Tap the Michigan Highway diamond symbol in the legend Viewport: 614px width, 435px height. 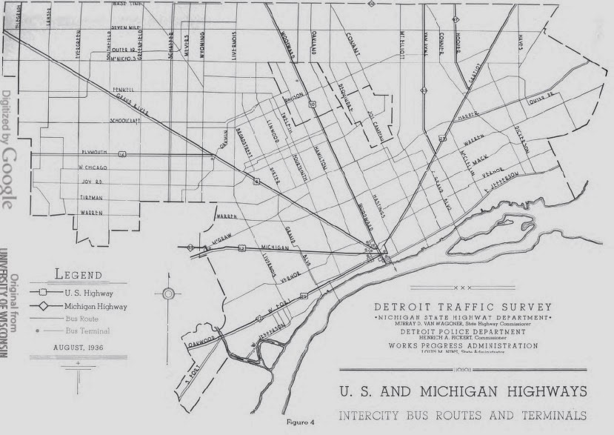44,305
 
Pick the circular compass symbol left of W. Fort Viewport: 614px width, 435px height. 168,294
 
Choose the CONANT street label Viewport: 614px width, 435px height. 360,44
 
